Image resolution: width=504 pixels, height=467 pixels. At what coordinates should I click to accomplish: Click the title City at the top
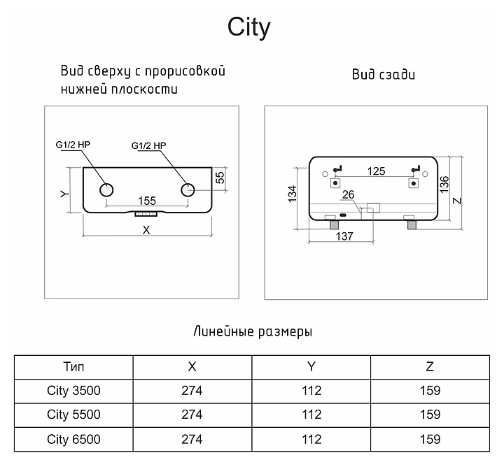click(249, 28)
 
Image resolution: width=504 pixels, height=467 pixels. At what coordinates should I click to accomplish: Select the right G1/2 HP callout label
click(148, 146)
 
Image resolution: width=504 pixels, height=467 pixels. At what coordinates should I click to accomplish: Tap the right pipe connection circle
click(188, 189)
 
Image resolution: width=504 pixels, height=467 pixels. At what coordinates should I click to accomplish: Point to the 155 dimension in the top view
click(146, 199)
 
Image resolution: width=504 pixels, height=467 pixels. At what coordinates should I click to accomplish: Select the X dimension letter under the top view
click(146, 229)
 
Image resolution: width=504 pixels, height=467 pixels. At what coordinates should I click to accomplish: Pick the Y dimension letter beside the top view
click(64, 194)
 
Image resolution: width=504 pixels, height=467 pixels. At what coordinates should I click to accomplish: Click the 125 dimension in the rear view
click(376, 171)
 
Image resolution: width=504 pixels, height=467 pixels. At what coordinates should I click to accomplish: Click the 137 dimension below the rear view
click(343, 236)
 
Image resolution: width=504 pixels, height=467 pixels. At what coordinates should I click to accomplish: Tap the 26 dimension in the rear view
click(349, 195)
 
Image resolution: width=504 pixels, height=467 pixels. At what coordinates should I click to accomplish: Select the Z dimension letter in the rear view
click(458, 199)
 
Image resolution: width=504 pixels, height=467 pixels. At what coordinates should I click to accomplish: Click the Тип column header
click(73, 366)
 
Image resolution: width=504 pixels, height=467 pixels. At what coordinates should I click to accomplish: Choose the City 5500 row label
click(73, 415)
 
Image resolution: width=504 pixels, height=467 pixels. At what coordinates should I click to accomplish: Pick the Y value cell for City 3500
click(311, 390)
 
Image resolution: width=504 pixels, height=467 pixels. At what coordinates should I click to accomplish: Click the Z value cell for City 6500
click(430, 439)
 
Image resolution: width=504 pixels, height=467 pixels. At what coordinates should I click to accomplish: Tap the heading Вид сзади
click(383, 75)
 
